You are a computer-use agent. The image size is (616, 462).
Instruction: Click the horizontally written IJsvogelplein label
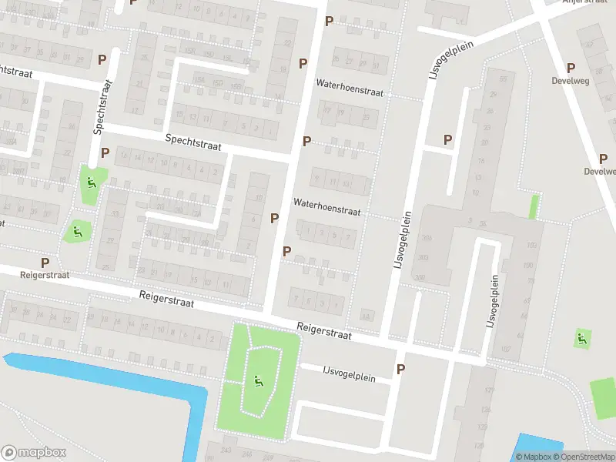(x=348, y=375)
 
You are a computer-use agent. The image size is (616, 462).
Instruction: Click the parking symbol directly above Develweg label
(x=571, y=68)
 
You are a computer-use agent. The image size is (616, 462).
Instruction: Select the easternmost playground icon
(x=583, y=337)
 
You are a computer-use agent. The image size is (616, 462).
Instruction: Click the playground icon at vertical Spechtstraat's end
(x=90, y=183)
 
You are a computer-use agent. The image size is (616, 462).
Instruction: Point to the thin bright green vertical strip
(x=533, y=206)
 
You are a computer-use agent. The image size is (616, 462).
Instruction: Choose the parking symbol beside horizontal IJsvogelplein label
(x=400, y=370)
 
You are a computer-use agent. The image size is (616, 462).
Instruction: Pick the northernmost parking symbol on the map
(x=330, y=21)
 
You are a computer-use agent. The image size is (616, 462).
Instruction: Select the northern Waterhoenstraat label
(x=350, y=91)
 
